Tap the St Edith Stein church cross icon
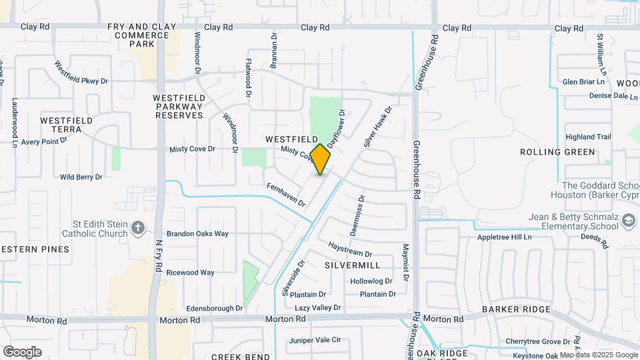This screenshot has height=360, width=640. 138,228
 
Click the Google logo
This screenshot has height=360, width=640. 22,352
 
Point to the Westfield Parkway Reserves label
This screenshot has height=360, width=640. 179,106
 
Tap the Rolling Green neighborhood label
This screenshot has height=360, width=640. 557,152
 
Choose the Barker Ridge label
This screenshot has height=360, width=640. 517,309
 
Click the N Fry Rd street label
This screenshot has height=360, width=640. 159,255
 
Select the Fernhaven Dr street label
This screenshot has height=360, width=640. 285,194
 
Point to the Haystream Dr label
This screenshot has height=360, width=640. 350,250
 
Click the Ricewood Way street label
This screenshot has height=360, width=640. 190,273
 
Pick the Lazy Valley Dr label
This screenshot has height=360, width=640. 318,308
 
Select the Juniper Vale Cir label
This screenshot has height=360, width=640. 315,340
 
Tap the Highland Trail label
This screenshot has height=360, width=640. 588,137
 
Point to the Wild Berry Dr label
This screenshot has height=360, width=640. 81,177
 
